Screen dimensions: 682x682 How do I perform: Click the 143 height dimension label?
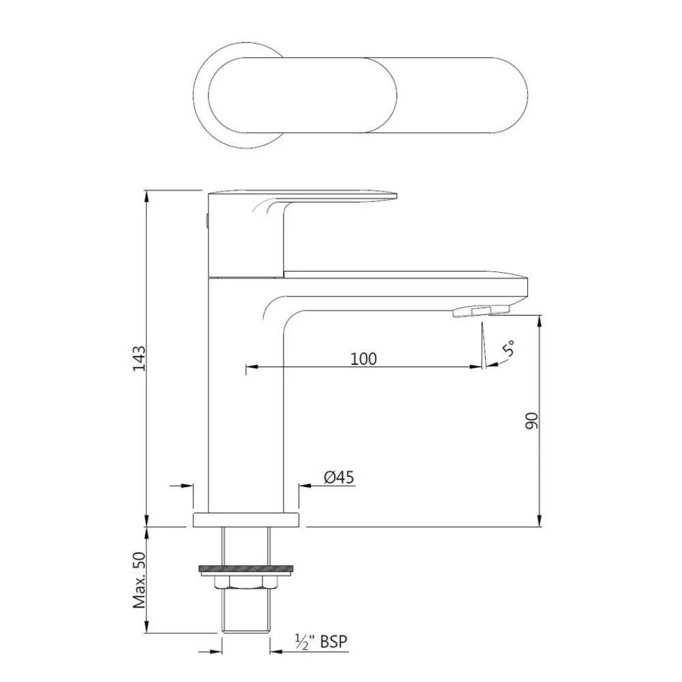coord(140,358)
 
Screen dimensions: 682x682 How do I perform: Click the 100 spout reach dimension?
coord(364,359)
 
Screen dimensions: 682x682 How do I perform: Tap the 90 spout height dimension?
coord(532,421)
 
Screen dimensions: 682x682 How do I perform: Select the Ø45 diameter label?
coord(339,478)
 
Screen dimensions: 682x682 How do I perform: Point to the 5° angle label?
coord(508,349)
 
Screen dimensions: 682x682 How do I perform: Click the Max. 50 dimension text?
coord(140,580)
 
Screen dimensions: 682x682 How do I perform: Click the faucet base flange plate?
coord(246,520)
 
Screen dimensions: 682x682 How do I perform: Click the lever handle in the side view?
coord(303,197)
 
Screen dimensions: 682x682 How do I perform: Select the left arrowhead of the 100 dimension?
coord(250,367)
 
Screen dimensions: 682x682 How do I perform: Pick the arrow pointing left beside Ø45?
coord(304,486)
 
